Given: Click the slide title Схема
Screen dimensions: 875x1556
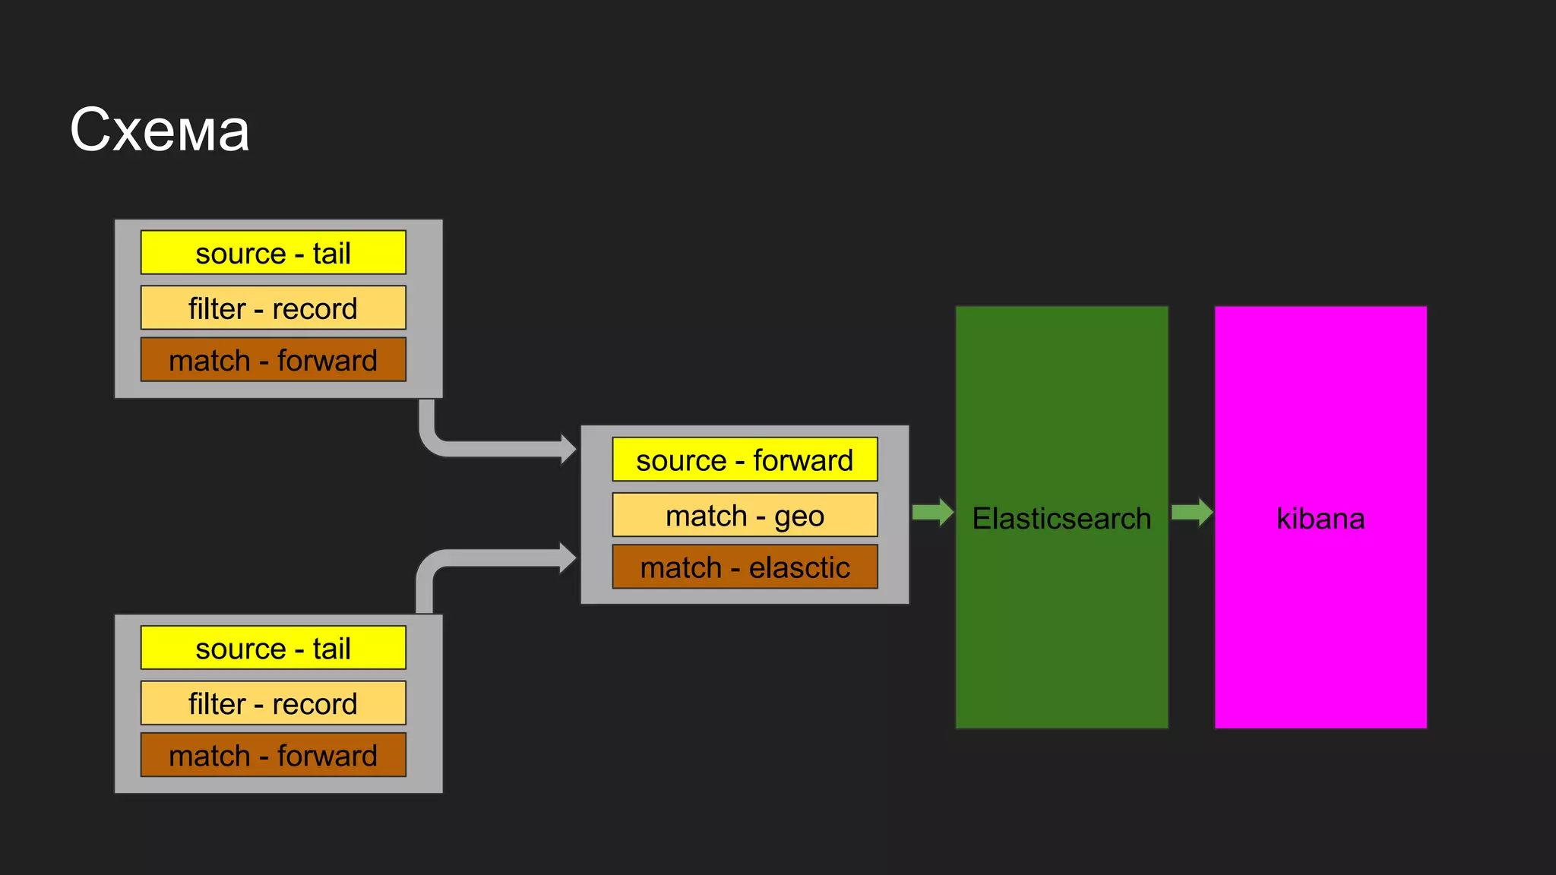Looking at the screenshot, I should (160, 131).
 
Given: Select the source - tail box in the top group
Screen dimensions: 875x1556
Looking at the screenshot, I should (273, 253).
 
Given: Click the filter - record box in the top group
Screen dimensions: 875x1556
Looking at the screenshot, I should (273, 308).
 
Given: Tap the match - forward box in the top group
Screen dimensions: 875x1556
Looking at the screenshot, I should (273, 360).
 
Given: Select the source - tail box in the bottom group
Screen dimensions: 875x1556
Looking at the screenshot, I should (273, 648).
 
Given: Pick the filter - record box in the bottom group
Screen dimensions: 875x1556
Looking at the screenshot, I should (273, 703).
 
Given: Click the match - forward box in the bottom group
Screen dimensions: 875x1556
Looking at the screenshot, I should (273, 755).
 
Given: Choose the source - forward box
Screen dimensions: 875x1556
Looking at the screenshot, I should (745, 460).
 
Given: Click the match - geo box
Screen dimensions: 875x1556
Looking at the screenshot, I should (745, 515).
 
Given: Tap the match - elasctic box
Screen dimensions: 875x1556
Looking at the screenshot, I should (745, 567).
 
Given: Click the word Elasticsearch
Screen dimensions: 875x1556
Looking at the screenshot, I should (1061, 519).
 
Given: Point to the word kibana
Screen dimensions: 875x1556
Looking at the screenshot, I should (1320, 519).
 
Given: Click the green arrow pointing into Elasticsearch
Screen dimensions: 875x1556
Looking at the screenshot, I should (933, 512).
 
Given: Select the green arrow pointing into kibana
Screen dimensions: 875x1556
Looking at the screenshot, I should (1193, 512).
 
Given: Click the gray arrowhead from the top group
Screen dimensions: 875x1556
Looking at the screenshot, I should (568, 449).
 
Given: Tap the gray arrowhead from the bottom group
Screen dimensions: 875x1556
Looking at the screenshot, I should (568, 558).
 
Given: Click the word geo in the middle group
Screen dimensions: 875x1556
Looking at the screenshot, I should (799, 517).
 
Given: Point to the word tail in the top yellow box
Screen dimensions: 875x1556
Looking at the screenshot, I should (331, 253).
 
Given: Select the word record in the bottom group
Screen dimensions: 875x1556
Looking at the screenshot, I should (315, 704).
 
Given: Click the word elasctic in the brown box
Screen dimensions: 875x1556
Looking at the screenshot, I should (799, 567).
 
